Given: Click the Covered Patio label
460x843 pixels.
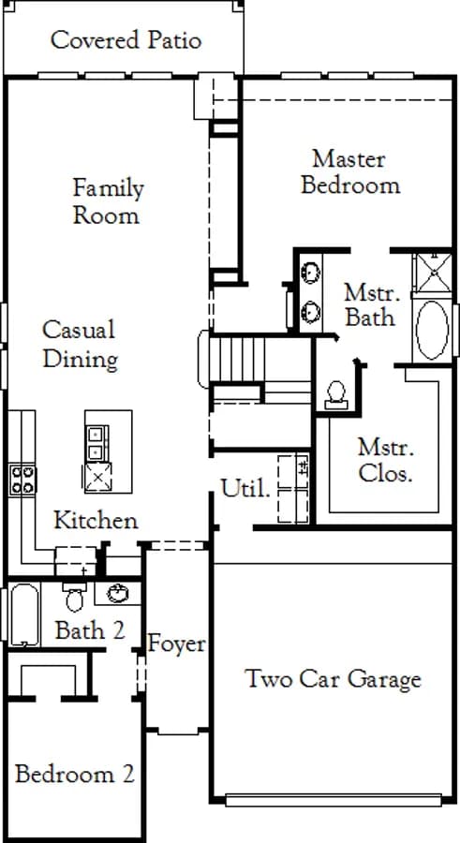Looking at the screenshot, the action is click(126, 40).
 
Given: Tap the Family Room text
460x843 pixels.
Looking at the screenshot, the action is click(108, 201).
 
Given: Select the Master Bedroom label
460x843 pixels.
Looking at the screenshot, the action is click(350, 172).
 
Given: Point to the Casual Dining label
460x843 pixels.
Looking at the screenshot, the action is click(80, 344).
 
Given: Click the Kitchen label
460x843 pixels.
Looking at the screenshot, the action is click(96, 520).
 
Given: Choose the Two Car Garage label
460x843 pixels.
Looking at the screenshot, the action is click(333, 678).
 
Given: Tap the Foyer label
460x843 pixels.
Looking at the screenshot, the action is click(176, 643).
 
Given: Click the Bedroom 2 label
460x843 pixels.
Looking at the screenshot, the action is click(74, 775).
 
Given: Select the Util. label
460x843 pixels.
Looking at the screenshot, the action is click(245, 489).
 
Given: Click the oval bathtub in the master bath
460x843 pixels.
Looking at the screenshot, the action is click(432, 331).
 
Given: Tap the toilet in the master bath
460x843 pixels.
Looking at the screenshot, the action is click(336, 395).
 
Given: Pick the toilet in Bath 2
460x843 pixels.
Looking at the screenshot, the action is click(74, 597).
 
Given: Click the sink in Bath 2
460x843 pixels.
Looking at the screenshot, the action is click(118, 593).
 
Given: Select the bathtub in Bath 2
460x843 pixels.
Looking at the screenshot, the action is click(24, 614).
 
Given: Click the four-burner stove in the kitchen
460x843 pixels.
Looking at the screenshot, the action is click(22, 480).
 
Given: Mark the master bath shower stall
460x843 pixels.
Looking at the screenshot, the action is click(433, 273).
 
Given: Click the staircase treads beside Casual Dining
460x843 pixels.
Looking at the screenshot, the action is click(237, 360).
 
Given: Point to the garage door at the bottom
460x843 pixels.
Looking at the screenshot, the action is click(334, 801).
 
